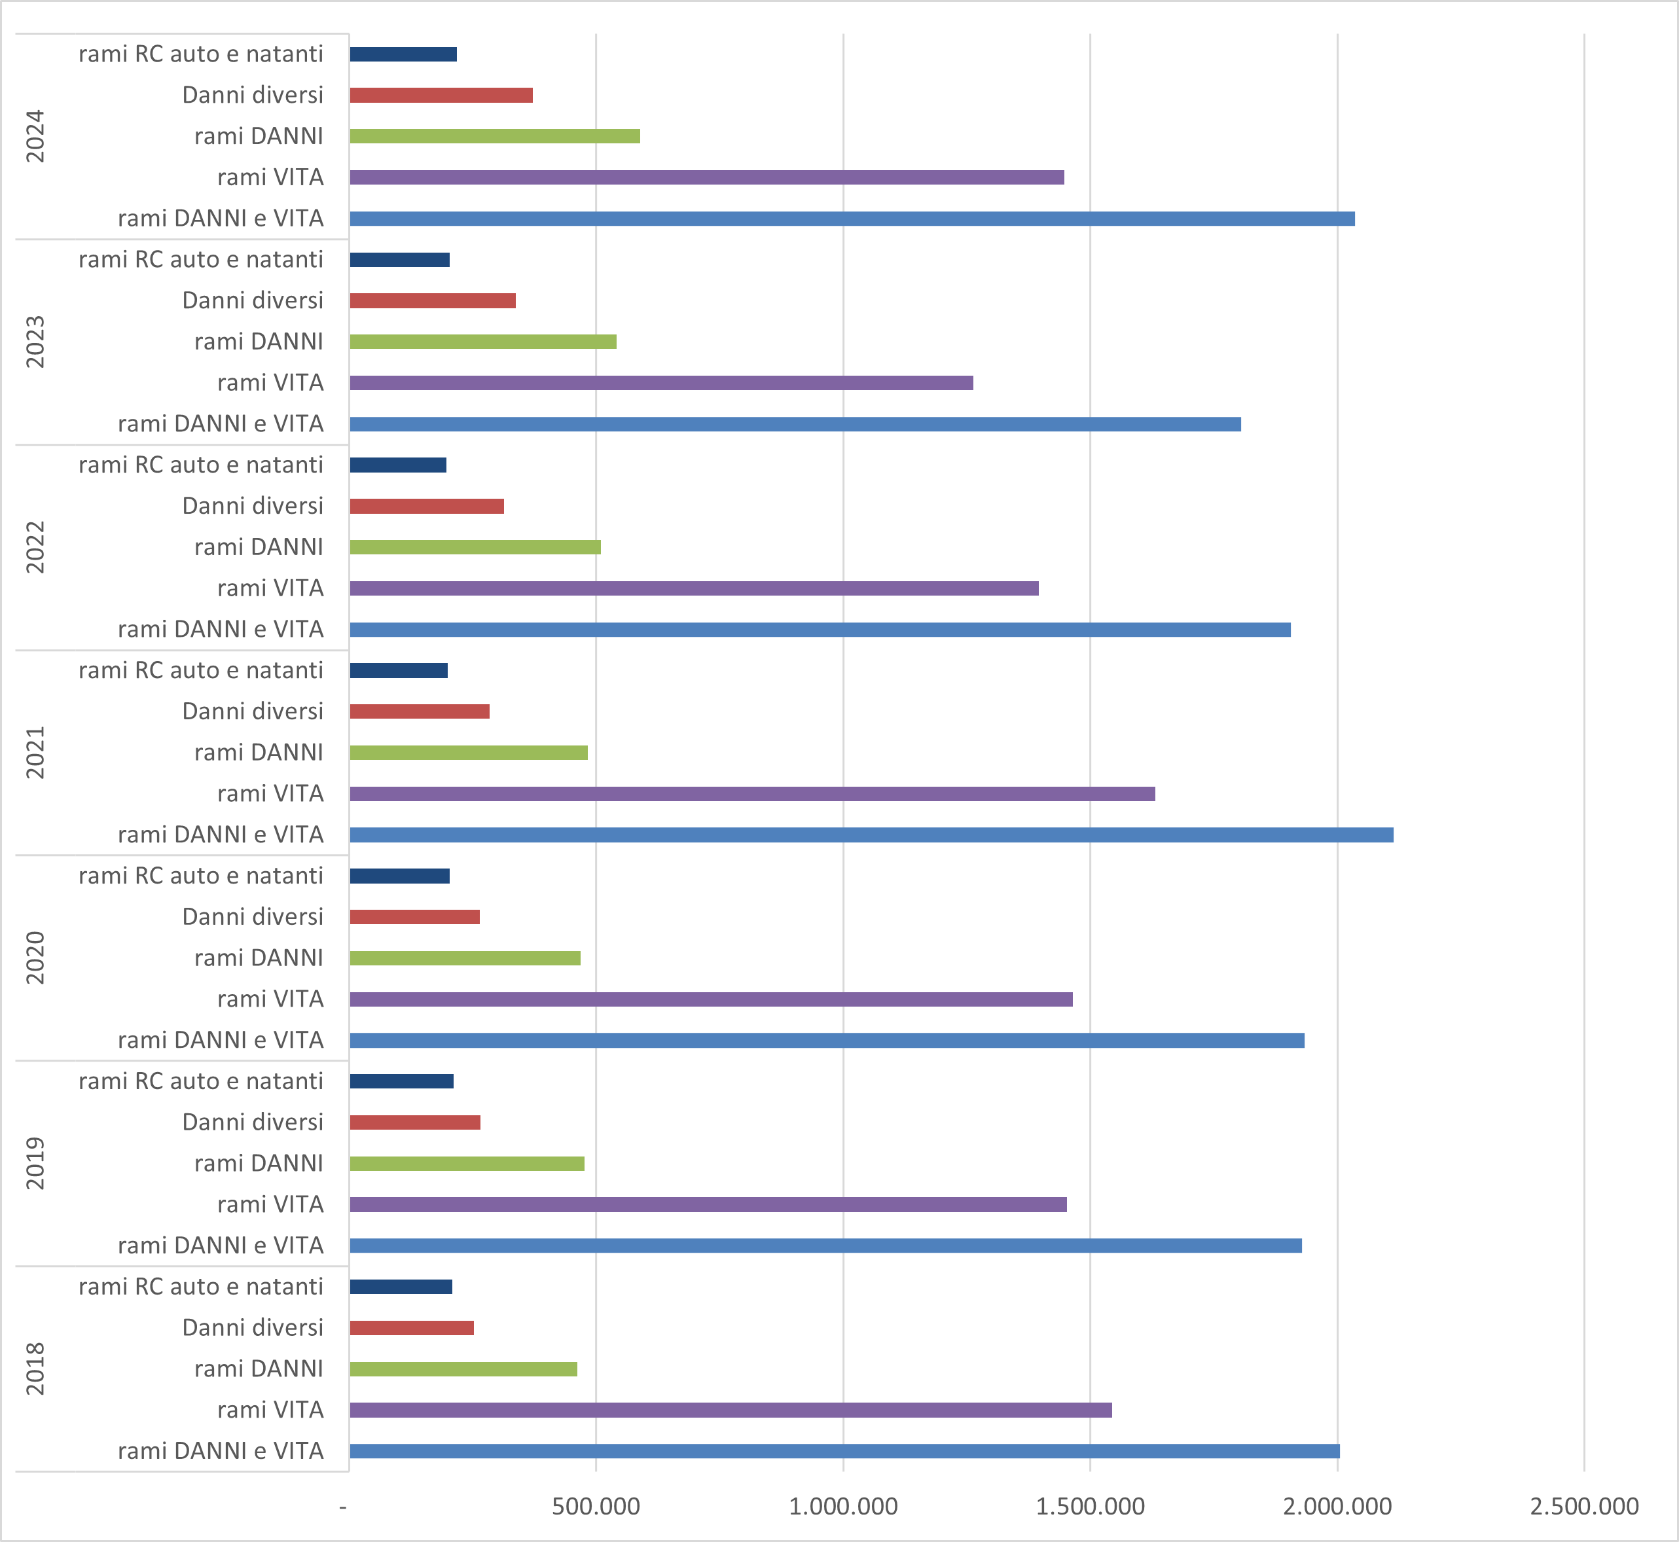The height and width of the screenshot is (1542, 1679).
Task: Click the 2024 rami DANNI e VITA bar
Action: (851, 219)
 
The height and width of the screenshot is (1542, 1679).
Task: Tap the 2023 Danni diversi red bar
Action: (432, 300)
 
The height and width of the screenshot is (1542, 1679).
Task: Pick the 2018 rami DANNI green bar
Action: (463, 1369)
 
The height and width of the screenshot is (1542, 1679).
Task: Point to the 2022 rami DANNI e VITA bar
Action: (820, 629)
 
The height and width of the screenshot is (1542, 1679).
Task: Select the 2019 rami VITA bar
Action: (708, 1204)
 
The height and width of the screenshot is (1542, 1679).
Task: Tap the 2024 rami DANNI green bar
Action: (494, 136)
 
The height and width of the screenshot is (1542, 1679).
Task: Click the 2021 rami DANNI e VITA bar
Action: (871, 834)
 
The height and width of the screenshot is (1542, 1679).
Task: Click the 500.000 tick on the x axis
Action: (596, 1506)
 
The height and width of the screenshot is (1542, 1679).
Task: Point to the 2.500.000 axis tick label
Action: (1584, 1506)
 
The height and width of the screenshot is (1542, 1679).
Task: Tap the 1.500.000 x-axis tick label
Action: (1090, 1506)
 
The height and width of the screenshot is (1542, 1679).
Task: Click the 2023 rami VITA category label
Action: (270, 383)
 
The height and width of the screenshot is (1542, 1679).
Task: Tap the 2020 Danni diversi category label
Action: (253, 917)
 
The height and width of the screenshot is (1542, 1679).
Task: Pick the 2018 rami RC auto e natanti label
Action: (201, 1287)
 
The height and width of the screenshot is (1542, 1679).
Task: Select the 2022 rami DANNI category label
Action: (259, 547)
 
